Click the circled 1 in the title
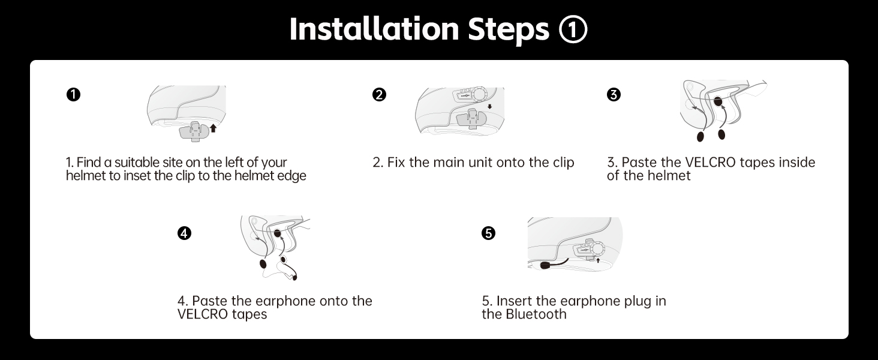(573, 29)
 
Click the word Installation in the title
(374, 29)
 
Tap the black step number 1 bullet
(73, 95)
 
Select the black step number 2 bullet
(379, 95)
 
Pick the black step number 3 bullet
(614, 95)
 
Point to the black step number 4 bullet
(184, 233)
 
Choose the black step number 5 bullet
(488, 233)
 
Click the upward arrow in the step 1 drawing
(214, 128)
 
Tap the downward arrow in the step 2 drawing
(489, 107)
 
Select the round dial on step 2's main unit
(479, 95)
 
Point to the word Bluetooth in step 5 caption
(536, 314)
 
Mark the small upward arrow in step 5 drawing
(598, 260)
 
